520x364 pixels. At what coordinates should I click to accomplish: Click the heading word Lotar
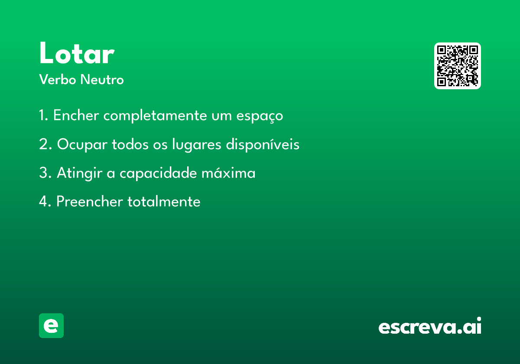[x=77, y=53]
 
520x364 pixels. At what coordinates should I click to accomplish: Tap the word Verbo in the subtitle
[x=58, y=79]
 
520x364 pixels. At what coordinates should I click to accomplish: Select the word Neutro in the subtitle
[x=102, y=79]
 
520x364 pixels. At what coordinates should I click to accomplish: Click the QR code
[x=457, y=66]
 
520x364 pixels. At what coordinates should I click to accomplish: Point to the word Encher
[x=76, y=115]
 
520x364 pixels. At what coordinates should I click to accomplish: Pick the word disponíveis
[x=263, y=144]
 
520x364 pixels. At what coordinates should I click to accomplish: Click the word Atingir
[x=80, y=173]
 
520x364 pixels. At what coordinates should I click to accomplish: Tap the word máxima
[x=228, y=173]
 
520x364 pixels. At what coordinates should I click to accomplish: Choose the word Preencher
[x=90, y=201]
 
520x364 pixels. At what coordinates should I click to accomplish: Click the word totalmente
[x=164, y=201]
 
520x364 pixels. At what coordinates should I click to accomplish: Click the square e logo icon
[x=51, y=325]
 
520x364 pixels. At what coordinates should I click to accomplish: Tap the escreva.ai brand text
[x=430, y=326]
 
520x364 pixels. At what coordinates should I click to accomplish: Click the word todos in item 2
[x=130, y=144]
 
